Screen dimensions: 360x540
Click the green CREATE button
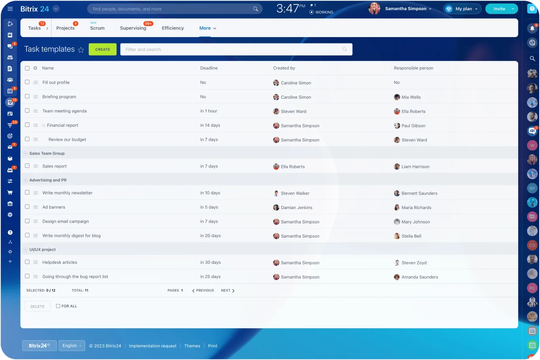(102, 50)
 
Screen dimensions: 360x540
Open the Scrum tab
(97, 28)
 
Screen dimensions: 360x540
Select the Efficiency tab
(172, 28)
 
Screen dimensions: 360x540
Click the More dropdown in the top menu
(208, 28)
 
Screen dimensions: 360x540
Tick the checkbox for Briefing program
(27, 97)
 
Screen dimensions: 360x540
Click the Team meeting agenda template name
(64, 111)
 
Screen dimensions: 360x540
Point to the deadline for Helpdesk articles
(210, 263)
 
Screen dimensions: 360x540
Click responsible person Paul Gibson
(413, 126)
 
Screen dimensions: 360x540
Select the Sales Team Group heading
(47, 153)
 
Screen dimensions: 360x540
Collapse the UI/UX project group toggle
(26, 250)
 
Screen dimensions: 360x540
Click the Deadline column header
(209, 68)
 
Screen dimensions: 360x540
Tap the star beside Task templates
(81, 50)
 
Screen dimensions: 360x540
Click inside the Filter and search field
(232, 50)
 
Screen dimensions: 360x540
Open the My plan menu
(463, 9)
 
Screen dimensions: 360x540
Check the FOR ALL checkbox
(58, 306)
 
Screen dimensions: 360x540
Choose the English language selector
(72, 346)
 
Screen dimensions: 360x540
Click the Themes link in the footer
(192, 346)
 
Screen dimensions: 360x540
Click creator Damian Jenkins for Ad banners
(296, 208)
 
